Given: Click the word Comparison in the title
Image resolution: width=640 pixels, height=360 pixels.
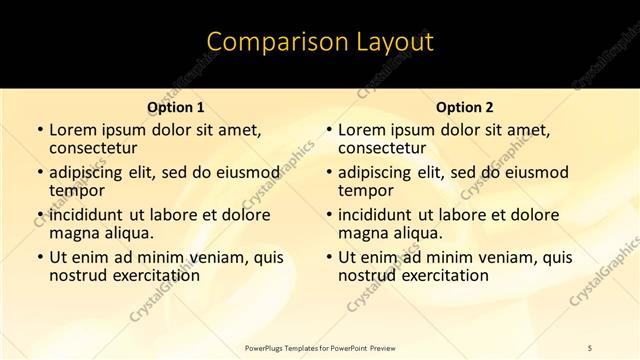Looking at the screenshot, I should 267,42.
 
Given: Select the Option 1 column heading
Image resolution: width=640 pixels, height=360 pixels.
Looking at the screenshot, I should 176,107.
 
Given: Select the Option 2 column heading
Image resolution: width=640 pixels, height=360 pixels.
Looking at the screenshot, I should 465,107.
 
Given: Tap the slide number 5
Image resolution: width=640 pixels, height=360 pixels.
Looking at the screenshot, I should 591,348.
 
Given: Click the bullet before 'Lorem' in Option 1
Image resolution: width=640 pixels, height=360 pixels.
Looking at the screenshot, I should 39,130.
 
